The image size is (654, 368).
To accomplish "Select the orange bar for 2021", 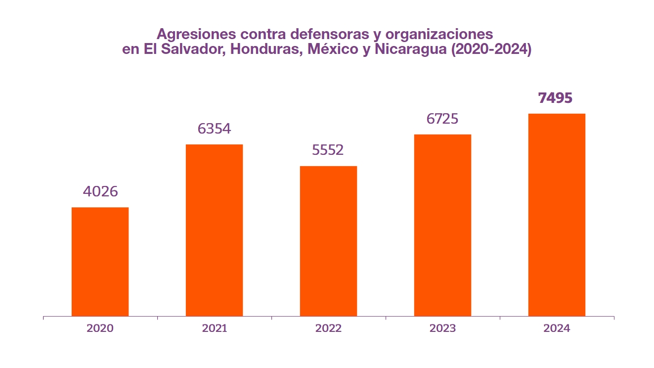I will [214, 230].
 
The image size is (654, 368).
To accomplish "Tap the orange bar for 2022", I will [328, 241].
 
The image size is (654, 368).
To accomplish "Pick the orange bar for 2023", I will [442, 225].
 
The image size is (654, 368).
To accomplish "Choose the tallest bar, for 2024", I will [557, 215].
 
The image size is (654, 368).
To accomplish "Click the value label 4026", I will [100, 191].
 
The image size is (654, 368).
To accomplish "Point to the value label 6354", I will [214, 129].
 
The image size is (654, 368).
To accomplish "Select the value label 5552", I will [328, 150].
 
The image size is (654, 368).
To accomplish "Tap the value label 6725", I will [442, 119].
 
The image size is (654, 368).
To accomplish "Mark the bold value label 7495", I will [556, 98].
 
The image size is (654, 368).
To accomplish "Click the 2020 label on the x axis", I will [100, 328].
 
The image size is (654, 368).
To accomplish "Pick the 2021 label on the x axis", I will [214, 328].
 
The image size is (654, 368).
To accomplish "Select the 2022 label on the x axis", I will [328, 328].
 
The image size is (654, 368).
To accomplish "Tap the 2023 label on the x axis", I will [442, 328].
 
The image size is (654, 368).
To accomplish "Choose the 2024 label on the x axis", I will [557, 328].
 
